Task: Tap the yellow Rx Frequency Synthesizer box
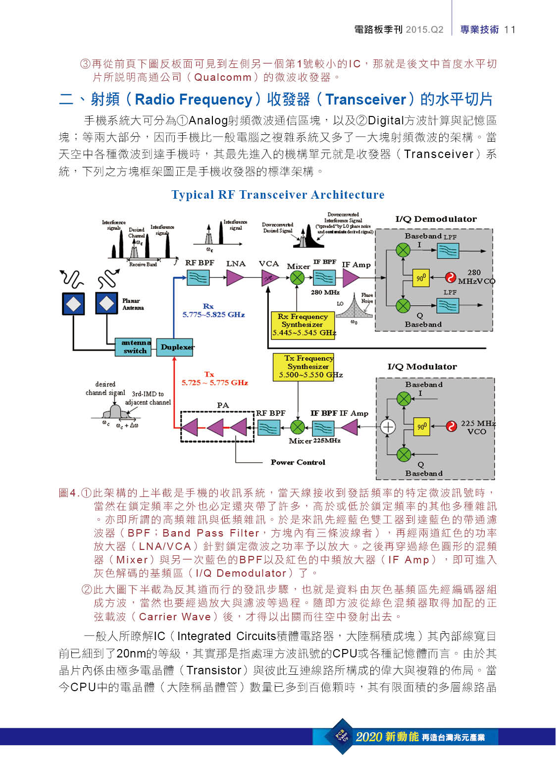point(303,325)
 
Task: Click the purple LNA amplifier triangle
point(235,278)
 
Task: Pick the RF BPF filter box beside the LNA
point(198,278)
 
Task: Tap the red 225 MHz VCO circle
point(451,426)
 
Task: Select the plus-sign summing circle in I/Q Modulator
point(388,427)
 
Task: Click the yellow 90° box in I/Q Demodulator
point(420,278)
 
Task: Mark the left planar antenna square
point(73,304)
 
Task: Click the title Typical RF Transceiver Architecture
point(278,195)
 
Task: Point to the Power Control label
point(298,462)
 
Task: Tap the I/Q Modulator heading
point(422,367)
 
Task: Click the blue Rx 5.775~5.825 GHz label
point(213,311)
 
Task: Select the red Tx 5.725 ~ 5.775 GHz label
point(214,379)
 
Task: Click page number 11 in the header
point(509,30)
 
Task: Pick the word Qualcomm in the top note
point(223,77)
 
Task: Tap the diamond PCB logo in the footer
point(343,736)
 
